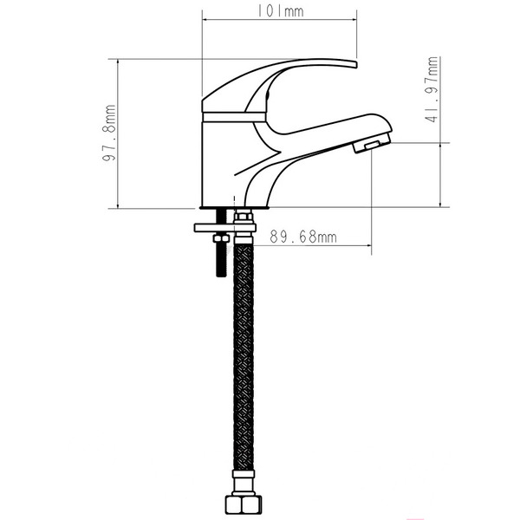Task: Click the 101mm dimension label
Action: tap(280, 12)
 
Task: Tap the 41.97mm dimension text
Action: tap(431, 91)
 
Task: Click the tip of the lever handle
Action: tap(351, 63)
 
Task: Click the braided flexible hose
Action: tap(244, 364)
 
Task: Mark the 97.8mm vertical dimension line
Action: tap(120, 133)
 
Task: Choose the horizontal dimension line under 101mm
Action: tap(279, 22)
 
